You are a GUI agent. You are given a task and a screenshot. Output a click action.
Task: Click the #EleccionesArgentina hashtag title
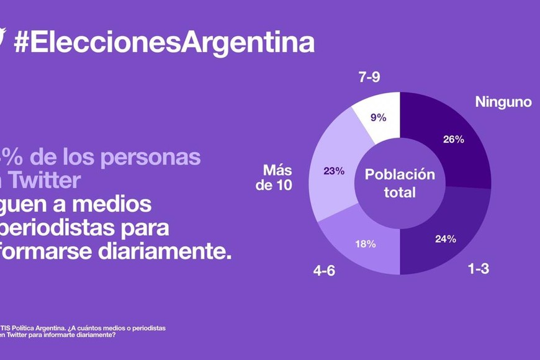click(x=163, y=42)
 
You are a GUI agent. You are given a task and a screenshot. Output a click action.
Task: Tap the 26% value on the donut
click(x=454, y=139)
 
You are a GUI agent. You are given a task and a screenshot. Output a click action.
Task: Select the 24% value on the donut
click(x=446, y=238)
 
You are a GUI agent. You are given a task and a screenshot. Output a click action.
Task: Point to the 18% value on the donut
click(x=366, y=244)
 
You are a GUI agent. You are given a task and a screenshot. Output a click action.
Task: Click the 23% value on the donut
click(x=334, y=171)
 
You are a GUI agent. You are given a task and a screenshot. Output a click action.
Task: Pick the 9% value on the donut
click(x=379, y=117)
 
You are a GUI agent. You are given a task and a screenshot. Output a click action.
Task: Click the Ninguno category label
click(x=503, y=102)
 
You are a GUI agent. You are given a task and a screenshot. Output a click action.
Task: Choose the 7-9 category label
click(x=370, y=78)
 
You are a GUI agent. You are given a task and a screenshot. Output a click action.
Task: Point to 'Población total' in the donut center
click(x=400, y=183)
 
